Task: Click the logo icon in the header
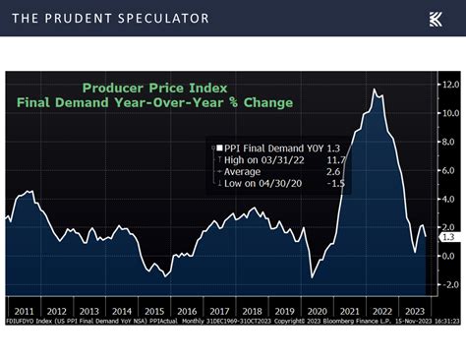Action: point(435,18)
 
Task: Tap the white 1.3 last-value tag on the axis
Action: point(445,237)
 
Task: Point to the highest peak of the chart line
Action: point(375,90)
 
